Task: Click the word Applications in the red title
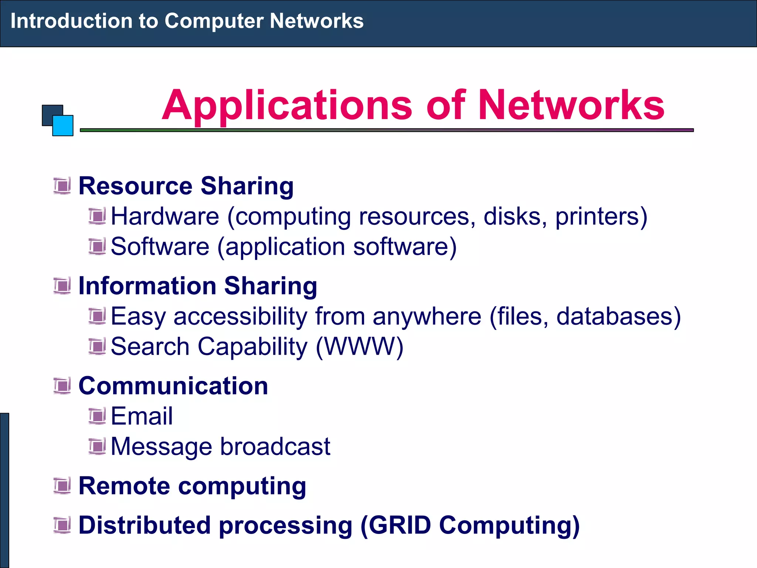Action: point(287,106)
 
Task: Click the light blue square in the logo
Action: point(63,126)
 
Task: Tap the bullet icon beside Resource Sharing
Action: point(62,186)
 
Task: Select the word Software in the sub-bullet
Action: point(160,247)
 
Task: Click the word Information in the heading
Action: point(147,286)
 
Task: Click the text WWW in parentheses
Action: point(360,347)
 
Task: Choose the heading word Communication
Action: point(173,386)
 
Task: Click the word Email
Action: point(142,416)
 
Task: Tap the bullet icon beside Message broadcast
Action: point(97,446)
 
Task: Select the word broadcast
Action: point(275,446)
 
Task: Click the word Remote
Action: point(124,486)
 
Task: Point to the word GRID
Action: point(400,525)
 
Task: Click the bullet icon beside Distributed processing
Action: point(62,525)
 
